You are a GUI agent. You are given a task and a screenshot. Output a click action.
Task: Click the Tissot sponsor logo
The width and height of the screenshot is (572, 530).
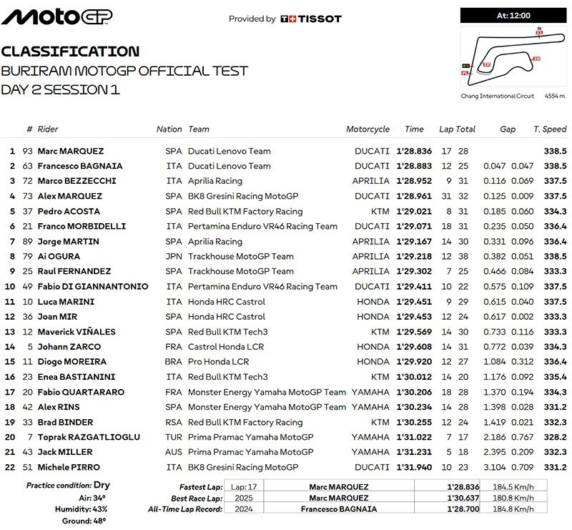[311, 19]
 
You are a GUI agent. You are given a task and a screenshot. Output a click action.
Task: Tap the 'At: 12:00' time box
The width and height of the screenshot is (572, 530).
[511, 14]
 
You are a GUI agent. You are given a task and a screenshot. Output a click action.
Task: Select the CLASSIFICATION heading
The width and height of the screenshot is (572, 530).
[70, 51]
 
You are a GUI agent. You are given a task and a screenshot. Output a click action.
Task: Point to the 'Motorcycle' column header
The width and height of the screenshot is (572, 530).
[368, 129]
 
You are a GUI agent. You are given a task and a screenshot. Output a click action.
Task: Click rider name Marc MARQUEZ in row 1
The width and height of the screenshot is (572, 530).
[71, 151]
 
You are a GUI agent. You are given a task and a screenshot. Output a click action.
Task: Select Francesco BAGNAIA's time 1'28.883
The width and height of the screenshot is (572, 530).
[414, 166]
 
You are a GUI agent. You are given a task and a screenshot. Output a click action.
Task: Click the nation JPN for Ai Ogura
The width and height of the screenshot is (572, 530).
[169, 256]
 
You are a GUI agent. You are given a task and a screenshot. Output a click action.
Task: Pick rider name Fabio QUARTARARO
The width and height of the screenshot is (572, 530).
[81, 392]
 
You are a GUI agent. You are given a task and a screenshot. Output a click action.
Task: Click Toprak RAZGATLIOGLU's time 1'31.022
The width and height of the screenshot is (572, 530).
[414, 437]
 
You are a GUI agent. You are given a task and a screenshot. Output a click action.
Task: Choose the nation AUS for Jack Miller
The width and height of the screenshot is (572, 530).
[169, 452]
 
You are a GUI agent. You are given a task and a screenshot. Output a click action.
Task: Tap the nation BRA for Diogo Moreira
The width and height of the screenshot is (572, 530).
[169, 362]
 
